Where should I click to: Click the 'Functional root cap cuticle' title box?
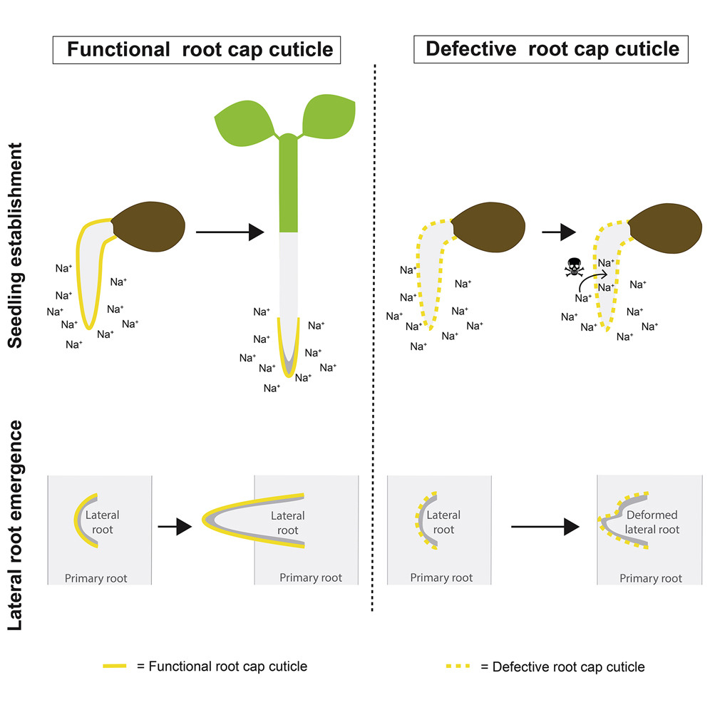pyautogui.click(x=197, y=49)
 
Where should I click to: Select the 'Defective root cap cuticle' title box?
pyautogui.click(x=552, y=48)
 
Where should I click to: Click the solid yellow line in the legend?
pyautogui.click(x=115, y=666)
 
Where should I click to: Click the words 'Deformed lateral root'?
pyautogui.click(x=653, y=522)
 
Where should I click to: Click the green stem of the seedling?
pyautogui.click(x=289, y=189)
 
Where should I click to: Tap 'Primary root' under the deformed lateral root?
pyautogui.click(x=650, y=578)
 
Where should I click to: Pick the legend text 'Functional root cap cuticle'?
pyautogui.click(x=222, y=666)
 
